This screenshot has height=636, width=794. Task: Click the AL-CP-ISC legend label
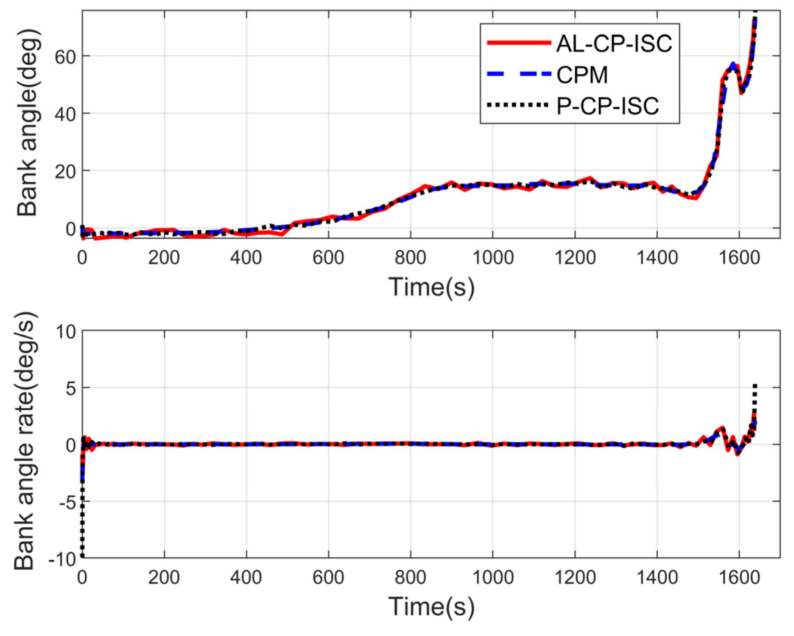coord(614,43)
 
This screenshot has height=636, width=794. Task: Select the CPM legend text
coord(582,75)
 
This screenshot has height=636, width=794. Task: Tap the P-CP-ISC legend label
coord(607,106)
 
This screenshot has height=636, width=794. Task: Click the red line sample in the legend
coord(519,43)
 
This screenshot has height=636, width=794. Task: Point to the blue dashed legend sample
coord(519,74)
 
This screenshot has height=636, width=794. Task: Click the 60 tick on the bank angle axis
coord(65,57)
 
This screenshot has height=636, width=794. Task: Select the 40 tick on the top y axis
coord(65,114)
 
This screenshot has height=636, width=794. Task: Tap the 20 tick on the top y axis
coord(65,171)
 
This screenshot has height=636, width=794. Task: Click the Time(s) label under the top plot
coord(431,286)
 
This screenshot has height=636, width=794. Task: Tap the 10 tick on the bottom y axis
coord(66,332)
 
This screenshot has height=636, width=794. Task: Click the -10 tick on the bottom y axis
coord(62,559)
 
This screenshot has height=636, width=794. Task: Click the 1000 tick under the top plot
coord(493,258)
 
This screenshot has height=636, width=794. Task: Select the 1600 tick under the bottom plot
coord(739,577)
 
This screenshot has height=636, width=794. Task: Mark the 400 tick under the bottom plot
coord(246,577)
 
